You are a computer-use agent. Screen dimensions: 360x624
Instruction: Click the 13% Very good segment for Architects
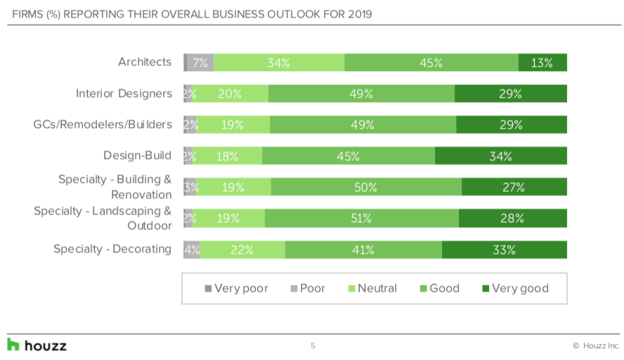[x=542, y=63]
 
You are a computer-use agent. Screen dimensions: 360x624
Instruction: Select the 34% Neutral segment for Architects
[x=279, y=63]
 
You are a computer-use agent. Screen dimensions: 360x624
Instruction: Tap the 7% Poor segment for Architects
[x=200, y=63]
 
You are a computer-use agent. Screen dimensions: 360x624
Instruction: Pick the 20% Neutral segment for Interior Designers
[x=230, y=94]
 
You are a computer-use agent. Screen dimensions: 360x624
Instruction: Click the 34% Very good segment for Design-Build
[x=500, y=156]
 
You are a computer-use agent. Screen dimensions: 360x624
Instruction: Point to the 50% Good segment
[x=366, y=187]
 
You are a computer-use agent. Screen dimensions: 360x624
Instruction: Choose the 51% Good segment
[x=362, y=218]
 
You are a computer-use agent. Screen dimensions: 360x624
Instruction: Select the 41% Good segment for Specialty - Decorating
[x=363, y=250]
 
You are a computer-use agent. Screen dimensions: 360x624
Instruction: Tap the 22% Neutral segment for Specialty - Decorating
[x=242, y=250]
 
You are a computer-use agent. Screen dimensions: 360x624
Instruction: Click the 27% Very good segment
[x=514, y=187]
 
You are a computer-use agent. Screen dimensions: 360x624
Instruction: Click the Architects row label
[x=144, y=62]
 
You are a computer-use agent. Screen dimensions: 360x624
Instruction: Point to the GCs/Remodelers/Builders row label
[x=103, y=124]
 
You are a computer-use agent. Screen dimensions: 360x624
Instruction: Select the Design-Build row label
[x=137, y=155]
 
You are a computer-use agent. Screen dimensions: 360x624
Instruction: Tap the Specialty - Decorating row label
[x=112, y=249]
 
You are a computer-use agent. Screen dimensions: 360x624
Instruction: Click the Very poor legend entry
[x=236, y=288]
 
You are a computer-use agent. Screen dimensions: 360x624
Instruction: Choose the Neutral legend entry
[x=372, y=288]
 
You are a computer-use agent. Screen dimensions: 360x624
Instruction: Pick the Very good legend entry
[x=514, y=288]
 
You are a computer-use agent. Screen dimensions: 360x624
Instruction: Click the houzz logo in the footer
[x=37, y=345]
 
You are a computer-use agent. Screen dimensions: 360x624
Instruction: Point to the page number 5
[x=313, y=346]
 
